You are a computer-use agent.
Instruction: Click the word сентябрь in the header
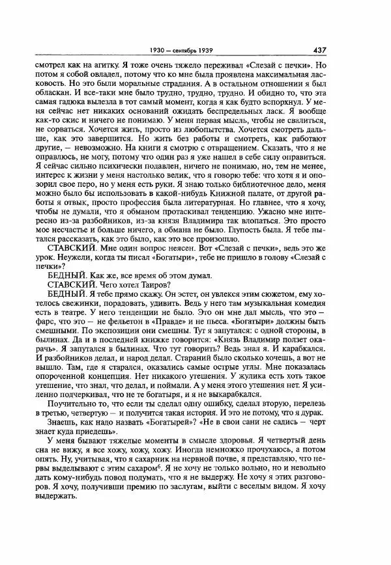tap(183, 49)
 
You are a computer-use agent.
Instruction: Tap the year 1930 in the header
tap(154, 49)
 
